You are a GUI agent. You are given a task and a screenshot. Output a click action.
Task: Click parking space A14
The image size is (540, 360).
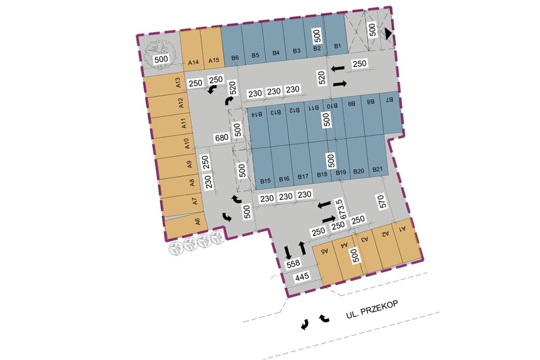(x=190, y=49)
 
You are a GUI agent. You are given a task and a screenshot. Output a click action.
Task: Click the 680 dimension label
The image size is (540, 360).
(x=221, y=137)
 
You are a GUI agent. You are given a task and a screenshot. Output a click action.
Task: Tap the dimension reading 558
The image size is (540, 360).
(x=293, y=263)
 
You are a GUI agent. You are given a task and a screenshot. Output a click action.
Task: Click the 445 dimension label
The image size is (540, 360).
(x=301, y=277)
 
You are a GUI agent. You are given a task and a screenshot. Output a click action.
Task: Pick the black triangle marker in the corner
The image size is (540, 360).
(x=388, y=34)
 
